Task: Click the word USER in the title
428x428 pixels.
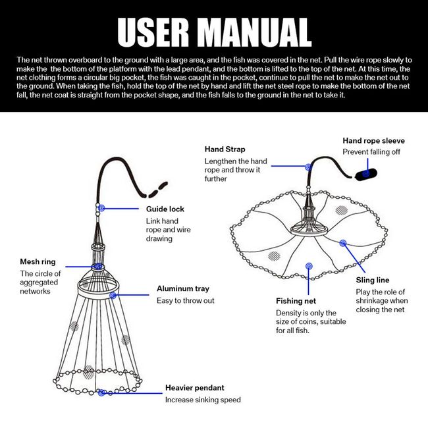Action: point(157,32)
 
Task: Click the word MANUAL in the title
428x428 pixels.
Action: point(259,32)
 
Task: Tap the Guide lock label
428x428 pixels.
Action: point(165,209)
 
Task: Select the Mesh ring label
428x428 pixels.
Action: point(38,261)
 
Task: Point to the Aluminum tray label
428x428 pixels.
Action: point(183,288)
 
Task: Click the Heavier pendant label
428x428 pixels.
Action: point(194,388)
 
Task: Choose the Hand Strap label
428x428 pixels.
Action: point(225,149)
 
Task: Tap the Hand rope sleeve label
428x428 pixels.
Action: point(373,141)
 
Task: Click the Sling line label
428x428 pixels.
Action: point(373,280)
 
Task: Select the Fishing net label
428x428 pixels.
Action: point(296,301)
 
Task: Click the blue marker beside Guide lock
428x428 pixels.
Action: point(101,208)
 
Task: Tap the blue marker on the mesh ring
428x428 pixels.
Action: point(97,267)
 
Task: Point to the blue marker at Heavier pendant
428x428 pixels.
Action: point(102,392)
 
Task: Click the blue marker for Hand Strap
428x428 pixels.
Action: point(307,167)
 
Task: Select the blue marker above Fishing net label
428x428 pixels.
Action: point(308,267)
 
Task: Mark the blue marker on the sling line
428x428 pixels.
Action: point(343,243)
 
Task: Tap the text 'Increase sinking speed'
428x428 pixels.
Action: point(203,400)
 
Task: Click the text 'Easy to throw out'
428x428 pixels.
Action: point(186,300)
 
